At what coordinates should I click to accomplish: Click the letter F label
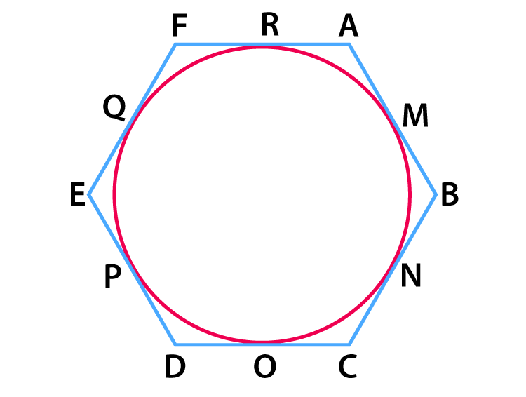(x=180, y=25)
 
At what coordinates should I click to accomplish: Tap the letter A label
(x=349, y=25)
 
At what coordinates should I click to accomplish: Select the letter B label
(x=450, y=194)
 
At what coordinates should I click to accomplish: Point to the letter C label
(x=348, y=366)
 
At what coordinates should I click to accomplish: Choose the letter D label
(x=175, y=366)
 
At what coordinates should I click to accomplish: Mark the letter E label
(x=77, y=194)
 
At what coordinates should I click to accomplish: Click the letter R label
(x=270, y=25)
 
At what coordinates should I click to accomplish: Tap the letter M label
(x=415, y=116)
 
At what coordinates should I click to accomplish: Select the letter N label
(x=411, y=276)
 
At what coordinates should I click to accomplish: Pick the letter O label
(x=265, y=366)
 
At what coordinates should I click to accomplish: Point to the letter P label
(x=113, y=276)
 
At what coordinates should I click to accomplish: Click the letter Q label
(x=114, y=107)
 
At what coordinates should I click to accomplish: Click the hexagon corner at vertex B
(x=436, y=194)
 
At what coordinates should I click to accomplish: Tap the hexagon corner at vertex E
(x=89, y=194)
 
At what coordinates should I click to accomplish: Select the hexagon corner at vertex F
(x=175, y=44)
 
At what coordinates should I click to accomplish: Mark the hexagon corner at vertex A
(x=349, y=44)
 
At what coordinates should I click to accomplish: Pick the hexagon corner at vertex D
(x=175, y=344)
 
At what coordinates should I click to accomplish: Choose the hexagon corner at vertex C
(x=349, y=344)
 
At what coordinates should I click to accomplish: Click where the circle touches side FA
(x=262, y=46)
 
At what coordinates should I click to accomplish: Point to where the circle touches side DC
(x=262, y=343)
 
